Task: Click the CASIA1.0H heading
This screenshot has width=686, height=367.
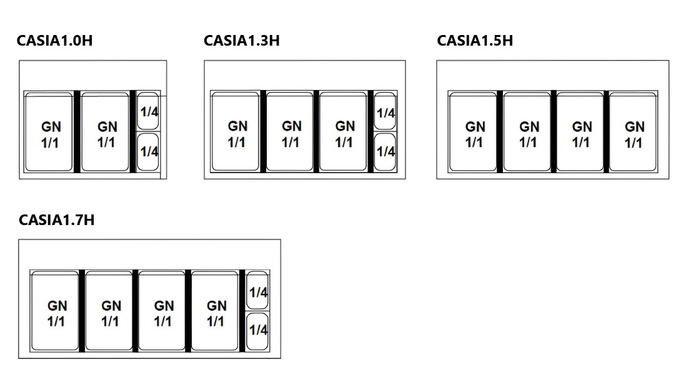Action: pyautogui.click(x=54, y=41)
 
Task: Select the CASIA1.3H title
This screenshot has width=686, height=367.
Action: pyautogui.click(x=241, y=41)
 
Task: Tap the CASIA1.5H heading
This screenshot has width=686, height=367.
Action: pyautogui.click(x=475, y=41)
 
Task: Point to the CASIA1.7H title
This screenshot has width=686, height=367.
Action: pyautogui.click(x=57, y=220)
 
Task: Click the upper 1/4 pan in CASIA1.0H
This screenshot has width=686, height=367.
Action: pyautogui.click(x=148, y=113)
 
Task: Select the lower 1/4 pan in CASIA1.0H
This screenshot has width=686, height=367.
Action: pyautogui.click(x=148, y=151)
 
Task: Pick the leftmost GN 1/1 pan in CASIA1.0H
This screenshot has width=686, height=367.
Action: pyautogui.click(x=49, y=133)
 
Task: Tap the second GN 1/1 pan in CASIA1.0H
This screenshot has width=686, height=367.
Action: pyautogui.click(x=105, y=133)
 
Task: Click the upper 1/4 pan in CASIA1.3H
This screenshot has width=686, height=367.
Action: pyautogui.click(x=385, y=113)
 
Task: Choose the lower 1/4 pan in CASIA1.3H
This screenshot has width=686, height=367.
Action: pyautogui.click(x=385, y=151)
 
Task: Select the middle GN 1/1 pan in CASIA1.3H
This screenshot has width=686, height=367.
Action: pyautogui.click(x=290, y=133)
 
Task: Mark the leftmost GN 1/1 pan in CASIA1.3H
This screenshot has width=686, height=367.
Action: pyautogui.click(x=236, y=133)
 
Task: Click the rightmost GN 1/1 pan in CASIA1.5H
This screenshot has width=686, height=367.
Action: pyautogui.click(x=633, y=133)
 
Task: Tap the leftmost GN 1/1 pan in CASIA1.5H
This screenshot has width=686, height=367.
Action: pyautogui.click(x=474, y=133)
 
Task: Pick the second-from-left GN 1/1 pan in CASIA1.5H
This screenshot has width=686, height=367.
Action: pyautogui.click(x=528, y=133)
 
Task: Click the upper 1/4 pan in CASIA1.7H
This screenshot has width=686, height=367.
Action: pyautogui.click(x=258, y=292)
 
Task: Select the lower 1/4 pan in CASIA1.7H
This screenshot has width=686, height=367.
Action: pyautogui.click(x=258, y=329)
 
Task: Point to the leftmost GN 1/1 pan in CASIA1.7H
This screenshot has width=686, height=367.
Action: pyautogui.click(x=56, y=312)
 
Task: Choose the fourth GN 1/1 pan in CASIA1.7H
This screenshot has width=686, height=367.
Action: pyautogui.click(x=216, y=312)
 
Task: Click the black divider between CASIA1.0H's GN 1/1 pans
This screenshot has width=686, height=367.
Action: pyautogui.click(x=77, y=132)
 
